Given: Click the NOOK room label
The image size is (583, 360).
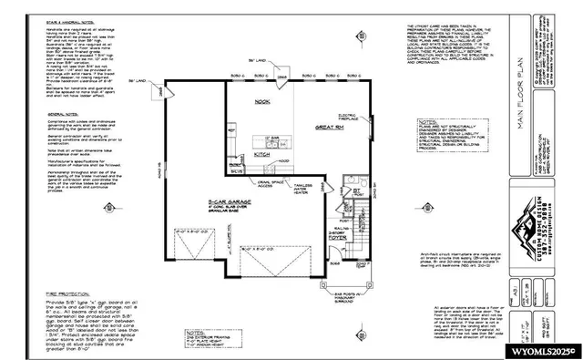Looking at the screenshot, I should coord(263,101).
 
